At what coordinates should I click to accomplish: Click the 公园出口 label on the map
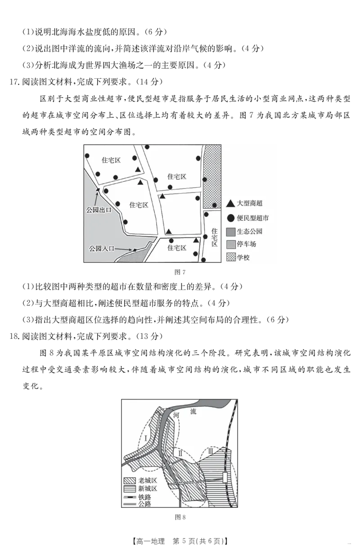coord(99,210)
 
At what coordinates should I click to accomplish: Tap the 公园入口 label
coord(102,248)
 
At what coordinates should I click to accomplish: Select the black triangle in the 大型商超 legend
coord(230,203)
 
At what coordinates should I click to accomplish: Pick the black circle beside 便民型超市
coord(231,218)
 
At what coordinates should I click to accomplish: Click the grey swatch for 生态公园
coord(231,232)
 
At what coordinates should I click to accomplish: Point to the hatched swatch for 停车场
coord(231,245)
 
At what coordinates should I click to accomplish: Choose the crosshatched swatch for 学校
coord(231,257)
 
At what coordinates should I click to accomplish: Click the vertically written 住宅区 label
coord(215,238)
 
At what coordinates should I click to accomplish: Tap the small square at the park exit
coord(98,190)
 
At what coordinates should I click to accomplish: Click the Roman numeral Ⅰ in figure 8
coord(146,438)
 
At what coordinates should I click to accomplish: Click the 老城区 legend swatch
coord(130,481)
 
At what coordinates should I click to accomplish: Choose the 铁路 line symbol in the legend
coord(130,497)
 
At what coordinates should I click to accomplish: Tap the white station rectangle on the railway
coord(225,478)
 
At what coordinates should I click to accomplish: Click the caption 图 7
coord(180,272)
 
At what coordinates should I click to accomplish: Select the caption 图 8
coord(180,517)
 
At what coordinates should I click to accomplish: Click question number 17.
coord(14,82)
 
